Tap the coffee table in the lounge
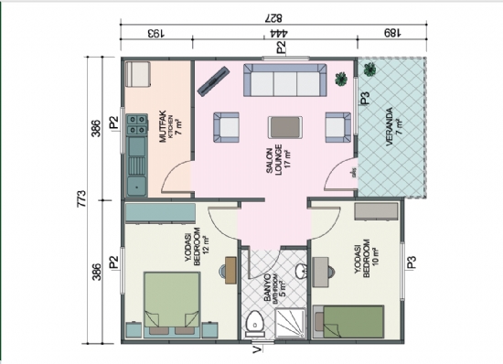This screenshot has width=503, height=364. [x=281, y=127]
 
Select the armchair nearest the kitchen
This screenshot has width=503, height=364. [x=226, y=127]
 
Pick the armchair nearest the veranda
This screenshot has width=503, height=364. [x=337, y=127]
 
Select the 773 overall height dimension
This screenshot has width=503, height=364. [x=82, y=196]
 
